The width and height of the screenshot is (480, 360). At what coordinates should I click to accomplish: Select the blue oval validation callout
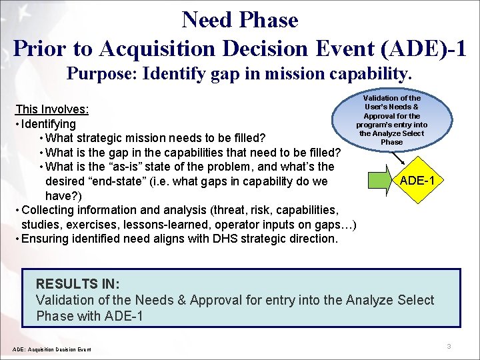point(391,120)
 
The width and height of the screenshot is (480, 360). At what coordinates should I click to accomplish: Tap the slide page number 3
point(449,346)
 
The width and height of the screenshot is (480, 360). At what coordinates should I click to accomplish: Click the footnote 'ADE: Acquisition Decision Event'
point(52,349)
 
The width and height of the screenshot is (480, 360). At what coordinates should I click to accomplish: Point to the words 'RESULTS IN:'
point(77,284)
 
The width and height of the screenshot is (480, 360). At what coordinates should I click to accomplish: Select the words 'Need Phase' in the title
point(239,20)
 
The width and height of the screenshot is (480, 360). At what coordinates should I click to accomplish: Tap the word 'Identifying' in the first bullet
point(49,124)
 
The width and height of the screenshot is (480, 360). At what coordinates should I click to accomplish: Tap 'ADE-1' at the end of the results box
point(124,316)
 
